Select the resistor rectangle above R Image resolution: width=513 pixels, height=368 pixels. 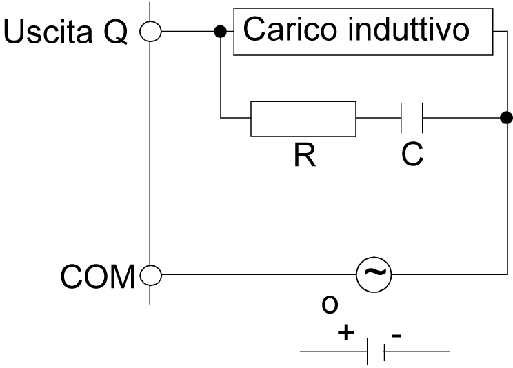[x=303, y=119]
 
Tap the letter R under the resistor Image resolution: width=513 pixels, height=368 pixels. [x=303, y=156]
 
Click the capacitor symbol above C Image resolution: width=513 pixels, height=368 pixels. [x=412, y=119]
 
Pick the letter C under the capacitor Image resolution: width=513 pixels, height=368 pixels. [x=412, y=156]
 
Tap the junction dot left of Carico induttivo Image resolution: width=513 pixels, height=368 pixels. [x=220, y=32]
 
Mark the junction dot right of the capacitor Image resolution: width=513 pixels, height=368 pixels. [x=506, y=117]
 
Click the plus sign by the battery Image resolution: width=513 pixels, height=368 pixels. [x=346, y=333]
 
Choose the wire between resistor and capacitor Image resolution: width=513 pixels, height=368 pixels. [x=378, y=119]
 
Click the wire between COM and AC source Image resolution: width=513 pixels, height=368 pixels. [x=255, y=276]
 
